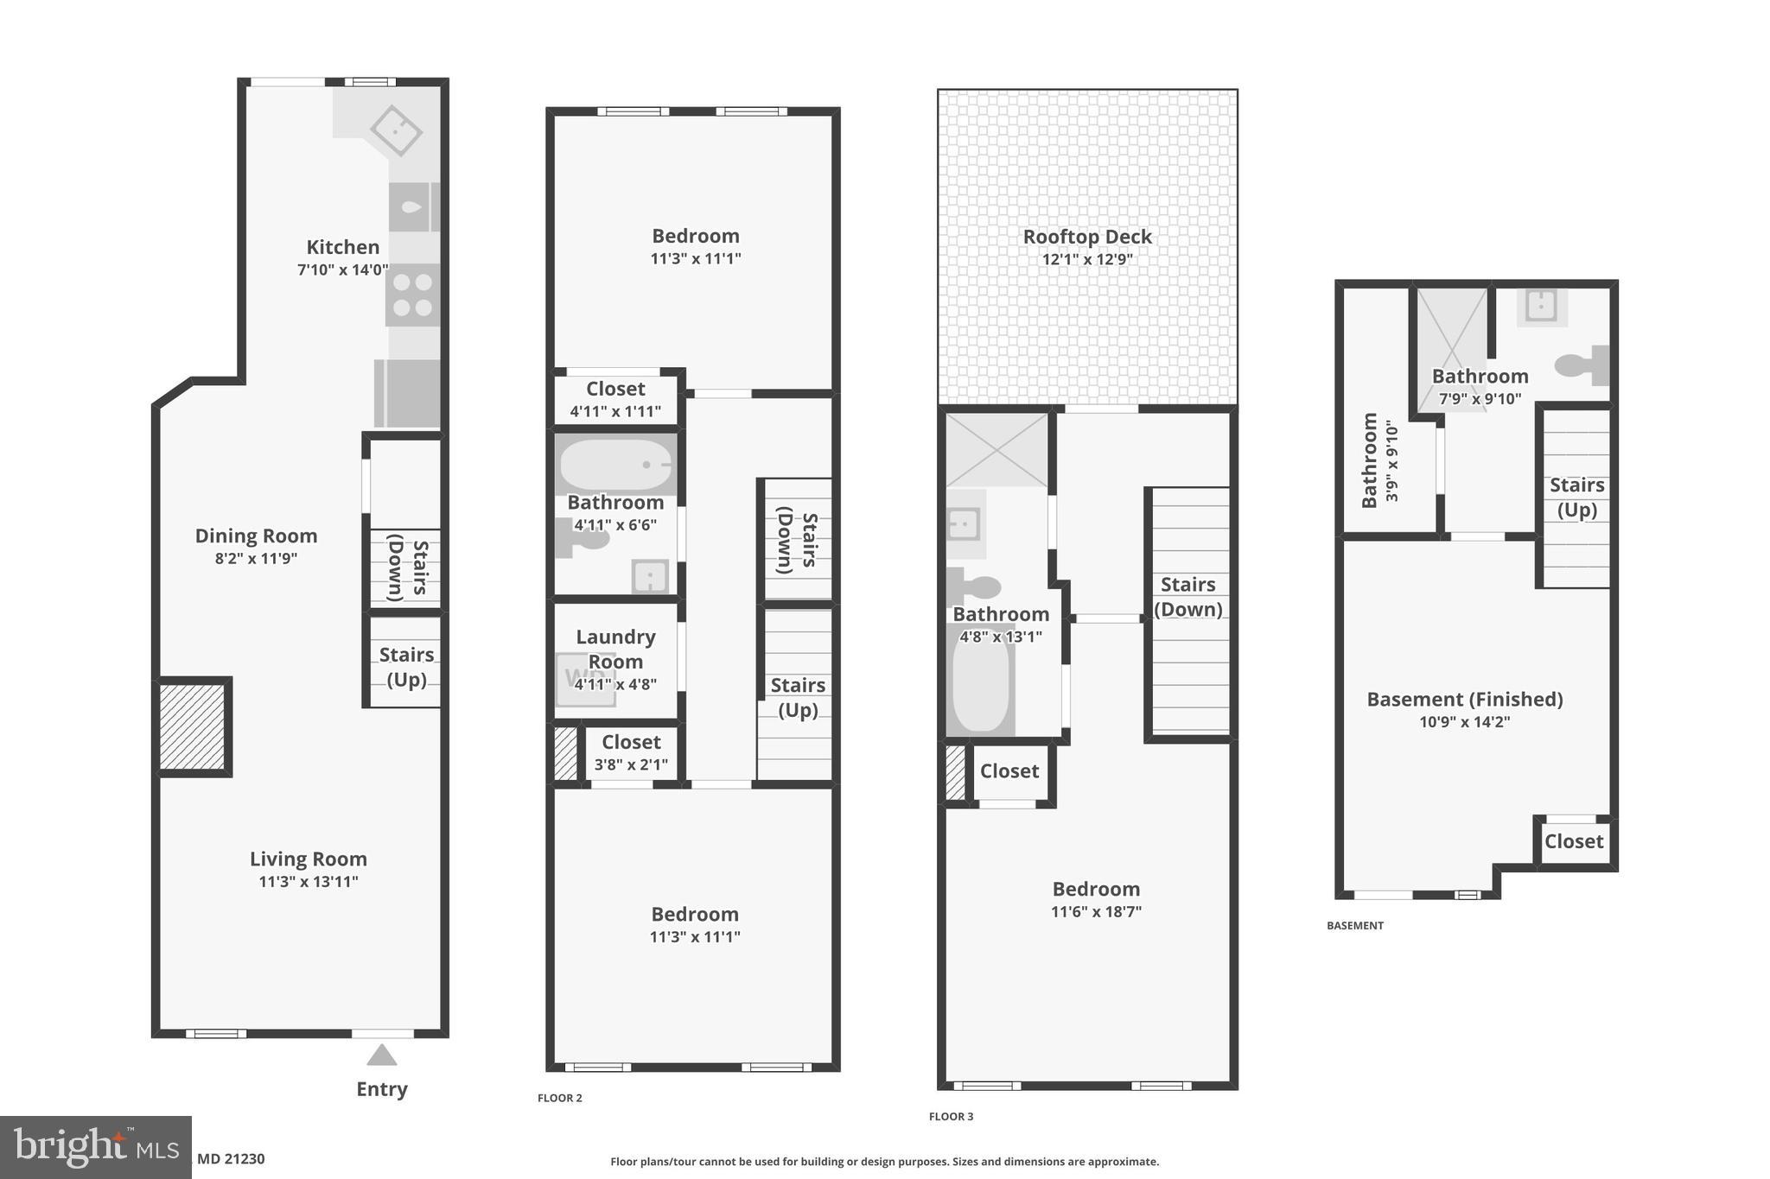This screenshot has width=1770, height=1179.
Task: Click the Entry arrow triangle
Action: [381, 1055]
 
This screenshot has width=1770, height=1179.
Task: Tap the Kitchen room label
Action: [342, 247]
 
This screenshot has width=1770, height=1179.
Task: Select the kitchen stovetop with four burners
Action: [412, 295]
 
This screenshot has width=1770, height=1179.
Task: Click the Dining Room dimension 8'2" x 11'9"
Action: [256, 559]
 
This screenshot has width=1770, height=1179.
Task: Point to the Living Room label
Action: [309, 859]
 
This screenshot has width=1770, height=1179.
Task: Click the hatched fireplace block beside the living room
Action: [193, 726]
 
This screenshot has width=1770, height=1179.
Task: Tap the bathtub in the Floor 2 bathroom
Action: [615, 465]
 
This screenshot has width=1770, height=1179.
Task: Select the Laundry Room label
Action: [615, 649]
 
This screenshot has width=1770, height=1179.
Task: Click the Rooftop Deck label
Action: [1087, 237]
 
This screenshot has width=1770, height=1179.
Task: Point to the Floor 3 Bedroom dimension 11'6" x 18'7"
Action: [1096, 911]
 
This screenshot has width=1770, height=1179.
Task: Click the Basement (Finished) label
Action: [1464, 700]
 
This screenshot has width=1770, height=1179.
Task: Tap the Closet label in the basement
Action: [1573, 841]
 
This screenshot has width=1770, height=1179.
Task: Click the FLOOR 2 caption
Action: [560, 1098]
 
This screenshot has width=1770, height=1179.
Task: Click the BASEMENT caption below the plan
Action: [1355, 925]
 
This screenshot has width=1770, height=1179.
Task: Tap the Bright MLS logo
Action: [95, 1147]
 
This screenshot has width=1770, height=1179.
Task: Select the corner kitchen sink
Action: [396, 130]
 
